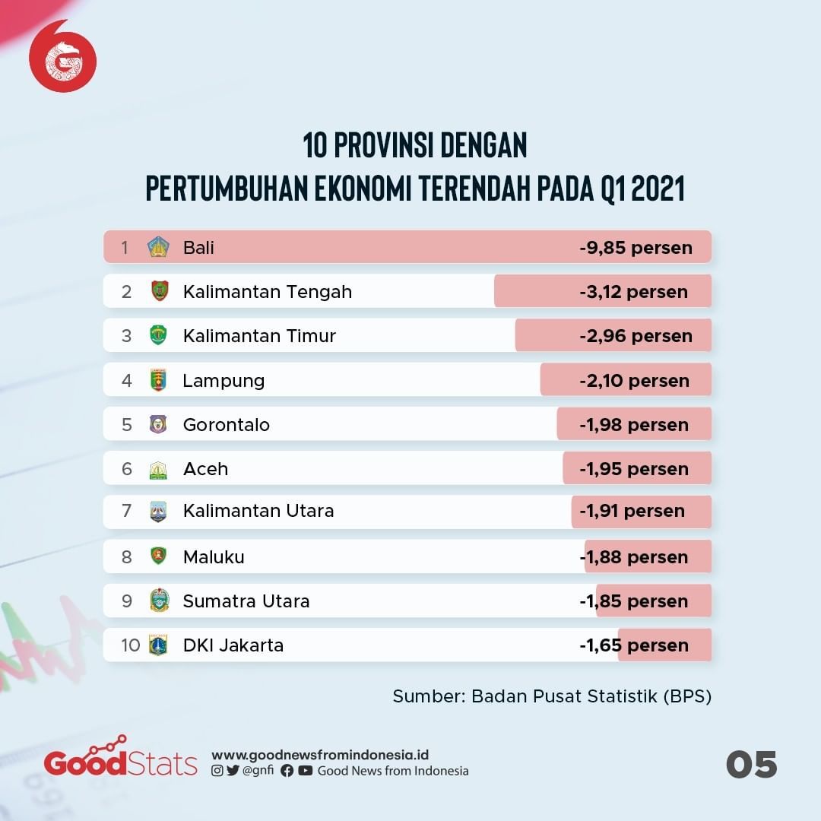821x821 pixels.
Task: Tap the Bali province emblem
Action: click(x=158, y=247)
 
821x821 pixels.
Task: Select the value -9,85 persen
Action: click(x=636, y=248)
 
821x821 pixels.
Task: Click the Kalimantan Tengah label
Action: click(x=268, y=292)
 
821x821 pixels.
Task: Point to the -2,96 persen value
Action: click(x=636, y=336)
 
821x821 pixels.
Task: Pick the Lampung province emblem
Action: click(x=158, y=380)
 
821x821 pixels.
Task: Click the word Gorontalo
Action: click(x=227, y=425)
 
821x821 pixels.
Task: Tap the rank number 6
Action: click(x=127, y=469)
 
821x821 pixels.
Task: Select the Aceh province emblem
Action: click(x=158, y=469)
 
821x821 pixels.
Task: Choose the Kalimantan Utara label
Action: click(x=258, y=511)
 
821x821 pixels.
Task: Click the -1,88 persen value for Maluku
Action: click(x=634, y=557)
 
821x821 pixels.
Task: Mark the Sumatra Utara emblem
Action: click(x=159, y=601)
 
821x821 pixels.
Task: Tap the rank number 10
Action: click(x=130, y=645)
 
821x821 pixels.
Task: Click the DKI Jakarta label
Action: click(x=233, y=645)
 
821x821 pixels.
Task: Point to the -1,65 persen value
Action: click(x=634, y=645)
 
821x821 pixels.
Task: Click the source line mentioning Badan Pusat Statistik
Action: click(x=552, y=696)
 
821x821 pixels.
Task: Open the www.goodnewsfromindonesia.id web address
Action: click(x=320, y=755)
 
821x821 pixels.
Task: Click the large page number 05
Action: click(x=751, y=764)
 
